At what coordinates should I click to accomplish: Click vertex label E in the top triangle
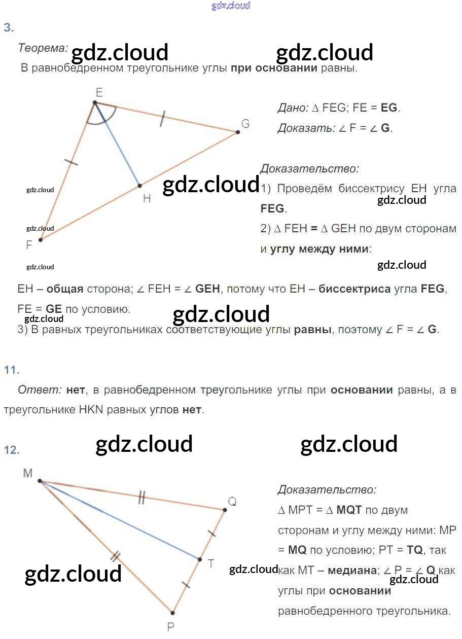99,92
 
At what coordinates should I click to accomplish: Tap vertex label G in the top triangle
245,124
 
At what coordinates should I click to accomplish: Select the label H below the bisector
147,198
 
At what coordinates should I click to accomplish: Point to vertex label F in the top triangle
29,245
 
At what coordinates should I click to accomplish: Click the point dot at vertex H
140,185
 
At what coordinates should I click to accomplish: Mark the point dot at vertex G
237,132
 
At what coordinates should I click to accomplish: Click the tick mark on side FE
72,162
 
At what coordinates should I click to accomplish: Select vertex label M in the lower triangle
28,473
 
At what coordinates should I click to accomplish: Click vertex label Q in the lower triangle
232,501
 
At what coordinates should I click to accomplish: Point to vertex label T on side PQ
210,563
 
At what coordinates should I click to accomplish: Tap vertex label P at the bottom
171,627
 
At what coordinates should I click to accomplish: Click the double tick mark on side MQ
141,499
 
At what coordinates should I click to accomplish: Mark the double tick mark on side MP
115,556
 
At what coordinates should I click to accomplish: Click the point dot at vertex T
200,560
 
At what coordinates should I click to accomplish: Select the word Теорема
43,48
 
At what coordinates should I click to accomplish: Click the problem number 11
11,370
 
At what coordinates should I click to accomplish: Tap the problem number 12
11,450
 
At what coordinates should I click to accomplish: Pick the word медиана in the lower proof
352,570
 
